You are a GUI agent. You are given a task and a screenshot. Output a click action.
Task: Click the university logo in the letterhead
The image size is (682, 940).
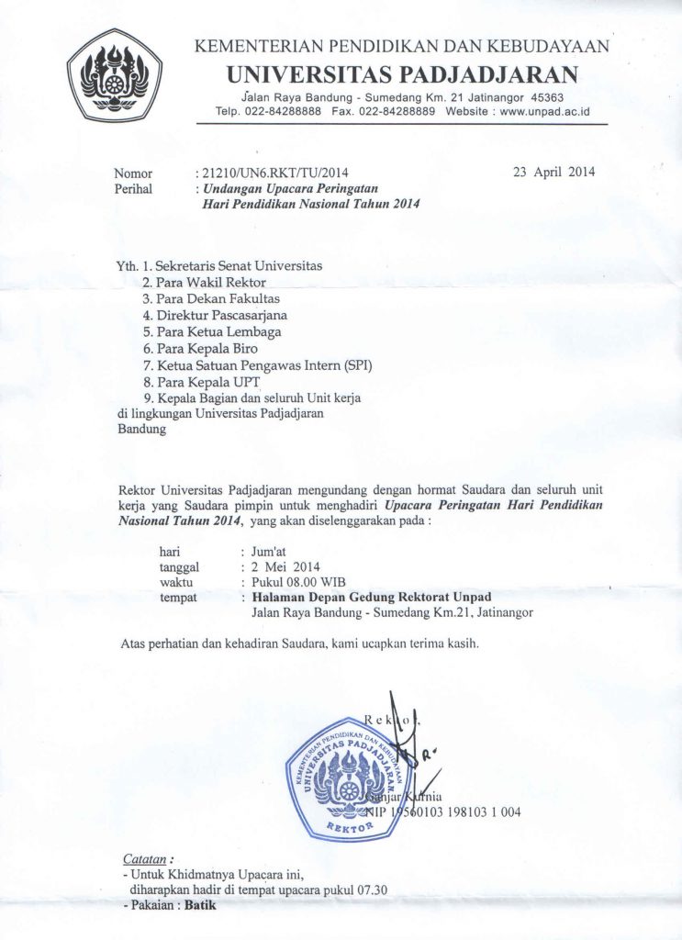(116, 75)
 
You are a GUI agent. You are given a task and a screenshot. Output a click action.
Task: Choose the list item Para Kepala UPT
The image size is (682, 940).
(208, 381)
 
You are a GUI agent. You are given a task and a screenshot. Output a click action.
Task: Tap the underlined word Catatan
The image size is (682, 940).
(144, 858)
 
